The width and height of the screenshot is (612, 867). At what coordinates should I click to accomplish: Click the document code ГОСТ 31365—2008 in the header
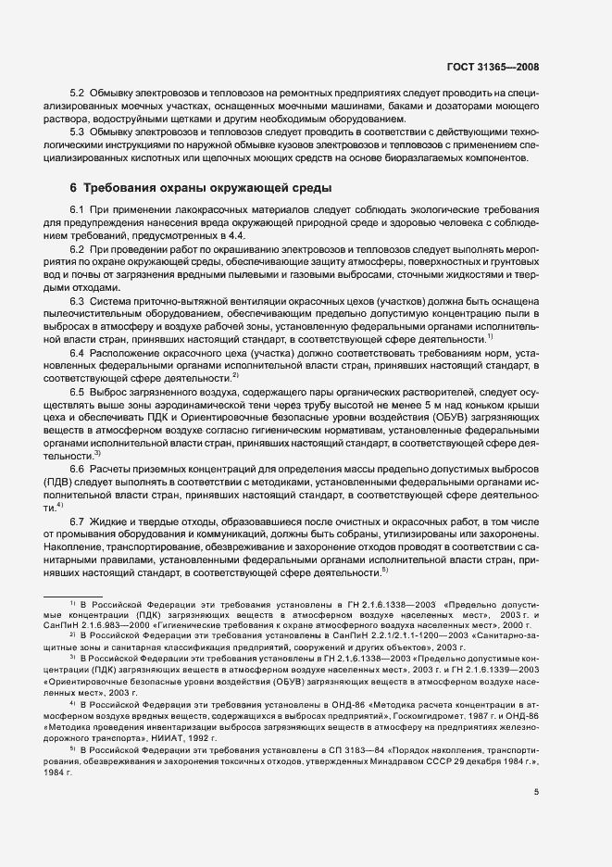(494, 68)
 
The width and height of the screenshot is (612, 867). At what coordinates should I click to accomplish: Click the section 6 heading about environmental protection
(200, 189)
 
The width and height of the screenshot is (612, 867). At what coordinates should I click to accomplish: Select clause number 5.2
(78, 94)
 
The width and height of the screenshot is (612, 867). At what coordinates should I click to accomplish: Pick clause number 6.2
(78, 251)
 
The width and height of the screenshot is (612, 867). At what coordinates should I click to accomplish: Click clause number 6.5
(78, 393)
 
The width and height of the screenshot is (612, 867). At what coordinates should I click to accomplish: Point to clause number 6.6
(78, 469)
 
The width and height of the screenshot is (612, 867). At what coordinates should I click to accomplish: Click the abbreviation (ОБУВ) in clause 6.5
(451, 418)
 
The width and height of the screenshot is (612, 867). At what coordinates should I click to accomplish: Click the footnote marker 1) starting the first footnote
(71, 604)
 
